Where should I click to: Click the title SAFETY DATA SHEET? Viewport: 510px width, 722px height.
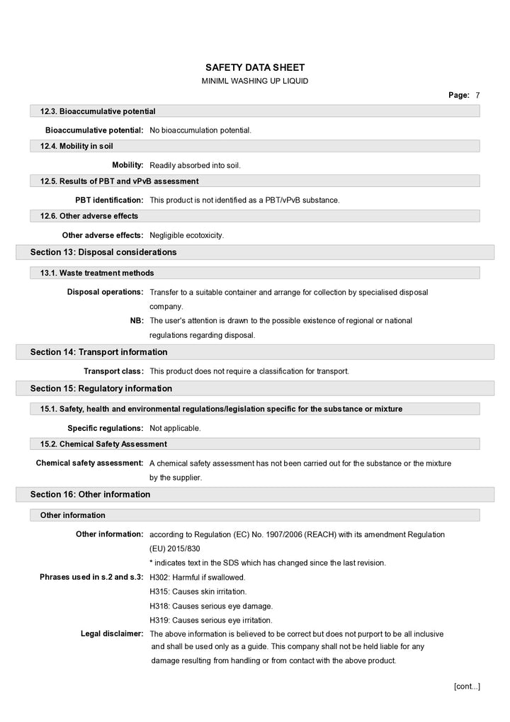(255, 67)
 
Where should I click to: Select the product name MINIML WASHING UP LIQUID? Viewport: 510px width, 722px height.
(255, 81)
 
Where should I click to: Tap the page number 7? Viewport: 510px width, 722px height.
(478, 95)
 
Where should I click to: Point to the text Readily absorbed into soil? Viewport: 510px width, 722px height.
(195, 166)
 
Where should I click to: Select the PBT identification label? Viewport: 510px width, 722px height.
(109, 201)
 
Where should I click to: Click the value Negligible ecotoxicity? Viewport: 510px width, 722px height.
(186, 235)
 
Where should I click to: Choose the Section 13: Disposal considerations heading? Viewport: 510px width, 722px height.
(103, 252)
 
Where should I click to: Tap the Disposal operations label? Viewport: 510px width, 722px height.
(106, 292)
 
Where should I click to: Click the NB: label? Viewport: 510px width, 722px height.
(137, 321)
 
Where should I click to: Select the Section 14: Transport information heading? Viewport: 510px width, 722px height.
(98, 352)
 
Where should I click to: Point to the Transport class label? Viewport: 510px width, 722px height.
(114, 371)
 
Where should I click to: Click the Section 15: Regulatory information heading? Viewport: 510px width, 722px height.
(101, 388)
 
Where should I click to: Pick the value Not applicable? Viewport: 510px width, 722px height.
(175, 429)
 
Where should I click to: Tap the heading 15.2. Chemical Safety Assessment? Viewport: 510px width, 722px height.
(103, 444)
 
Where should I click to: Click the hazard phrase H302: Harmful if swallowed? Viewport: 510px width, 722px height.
(198, 577)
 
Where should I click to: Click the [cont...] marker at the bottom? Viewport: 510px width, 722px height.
(467, 686)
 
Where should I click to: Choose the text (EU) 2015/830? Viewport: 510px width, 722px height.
(175, 548)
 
